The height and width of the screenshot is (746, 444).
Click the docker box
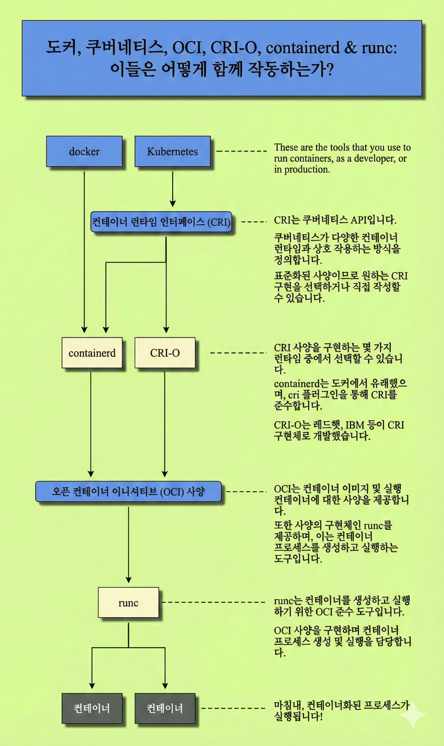click(x=84, y=152)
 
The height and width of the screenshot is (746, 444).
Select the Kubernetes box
click(x=172, y=152)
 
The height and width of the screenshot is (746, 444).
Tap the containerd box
click(x=92, y=353)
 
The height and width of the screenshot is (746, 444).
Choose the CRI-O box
click(x=165, y=353)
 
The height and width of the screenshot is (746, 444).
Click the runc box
click(x=128, y=602)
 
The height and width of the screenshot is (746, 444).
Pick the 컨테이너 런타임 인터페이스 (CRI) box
click(x=161, y=222)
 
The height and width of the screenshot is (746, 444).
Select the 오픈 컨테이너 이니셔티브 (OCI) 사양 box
click(x=128, y=491)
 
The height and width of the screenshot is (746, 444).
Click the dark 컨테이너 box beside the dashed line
click(x=165, y=708)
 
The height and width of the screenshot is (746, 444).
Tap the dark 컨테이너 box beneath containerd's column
click(x=92, y=708)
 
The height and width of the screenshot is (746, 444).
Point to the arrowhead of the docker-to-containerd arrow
click(x=84, y=329)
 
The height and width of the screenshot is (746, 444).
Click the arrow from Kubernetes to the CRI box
click(x=173, y=188)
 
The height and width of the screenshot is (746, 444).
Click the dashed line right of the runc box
click(x=213, y=602)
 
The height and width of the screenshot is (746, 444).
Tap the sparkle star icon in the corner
click(x=413, y=715)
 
